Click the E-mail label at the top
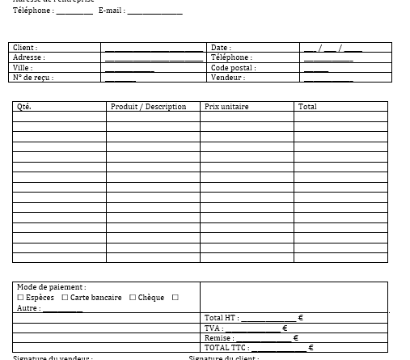click(111, 11)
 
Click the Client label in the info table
click(25, 48)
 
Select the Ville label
click(23, 68)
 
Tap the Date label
click(220, 48)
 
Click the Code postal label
click(233, 68)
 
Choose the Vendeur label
click(227, 78)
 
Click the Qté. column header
click(24, 107)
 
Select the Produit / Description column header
click(148, 107)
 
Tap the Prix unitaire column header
click(226, 107)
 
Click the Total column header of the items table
click(307, 107)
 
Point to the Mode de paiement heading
click(51, 287)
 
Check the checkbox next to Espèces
click(21, 298)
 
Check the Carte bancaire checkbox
click(65, 298)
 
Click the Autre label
click(27, 308)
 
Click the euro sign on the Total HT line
click(300, 318)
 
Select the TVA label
click(213, 328)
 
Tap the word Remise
click(218, 338)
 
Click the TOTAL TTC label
click(226, 348)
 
